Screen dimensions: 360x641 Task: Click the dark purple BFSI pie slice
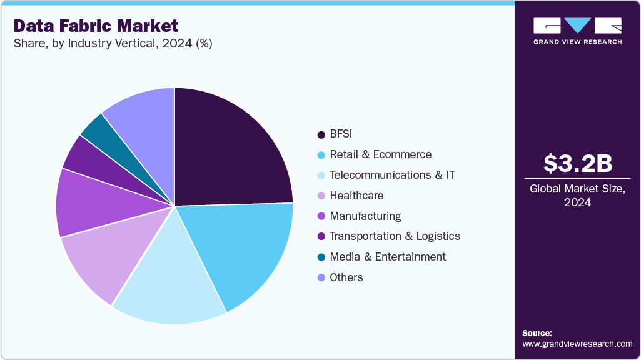(231, 150)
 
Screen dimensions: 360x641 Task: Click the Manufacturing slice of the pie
(94, 203)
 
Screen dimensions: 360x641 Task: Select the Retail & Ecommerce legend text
(380, 154)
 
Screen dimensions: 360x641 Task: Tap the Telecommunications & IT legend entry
(392, 175)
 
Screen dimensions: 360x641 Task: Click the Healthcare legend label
(356, 196)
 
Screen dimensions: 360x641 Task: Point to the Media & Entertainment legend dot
(321, 257)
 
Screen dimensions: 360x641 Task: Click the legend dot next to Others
(321, 277)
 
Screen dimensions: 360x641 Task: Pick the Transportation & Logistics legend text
(395, 236)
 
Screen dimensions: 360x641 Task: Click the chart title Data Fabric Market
(96, 26)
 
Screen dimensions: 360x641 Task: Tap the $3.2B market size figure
(577, 163)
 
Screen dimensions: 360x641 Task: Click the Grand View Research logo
(577, 31)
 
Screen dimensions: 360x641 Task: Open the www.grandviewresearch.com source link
(577, 344)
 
